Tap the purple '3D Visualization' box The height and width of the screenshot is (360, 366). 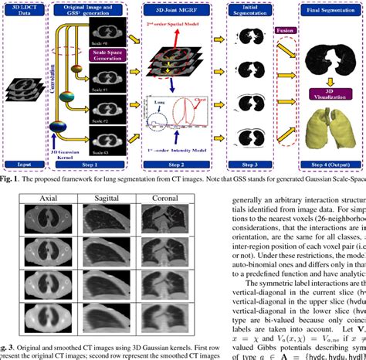tap(324, 96)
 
